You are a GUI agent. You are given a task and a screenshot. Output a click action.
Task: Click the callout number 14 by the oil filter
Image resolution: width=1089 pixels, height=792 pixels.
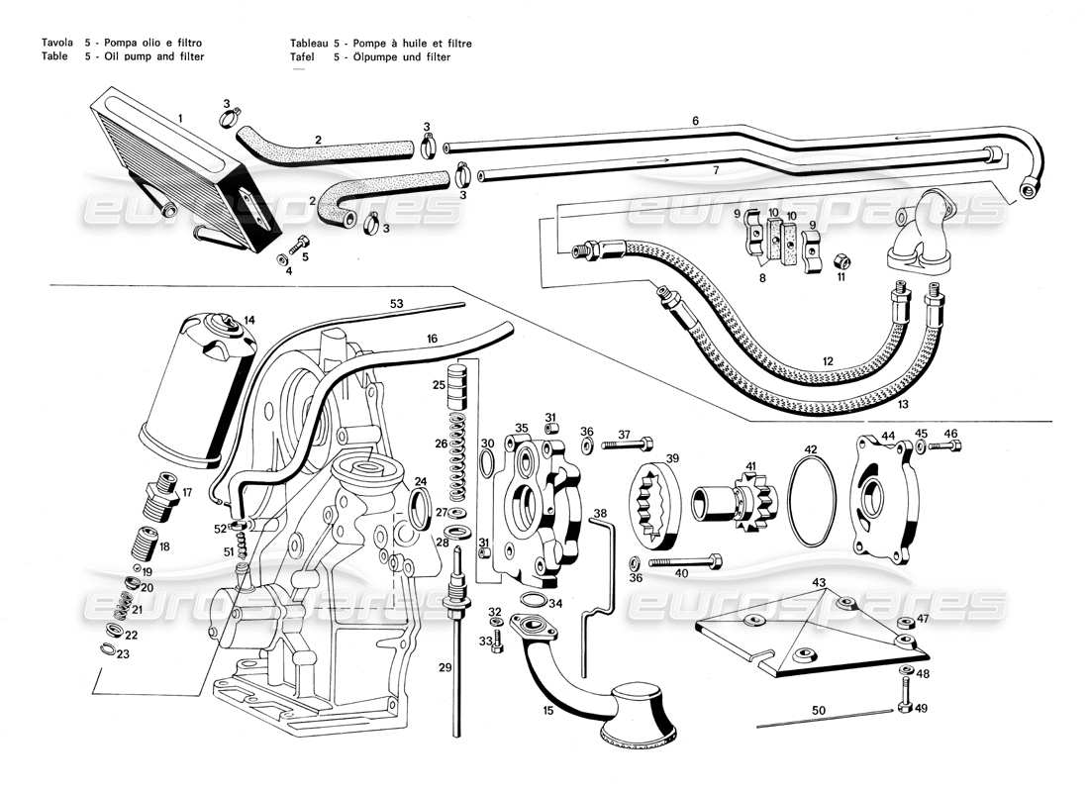click(249, 320)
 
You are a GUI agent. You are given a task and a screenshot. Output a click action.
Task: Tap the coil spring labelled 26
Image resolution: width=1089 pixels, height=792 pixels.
click(457, 455)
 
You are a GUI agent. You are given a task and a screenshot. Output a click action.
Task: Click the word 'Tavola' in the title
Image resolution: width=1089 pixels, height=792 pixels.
click(54, 44)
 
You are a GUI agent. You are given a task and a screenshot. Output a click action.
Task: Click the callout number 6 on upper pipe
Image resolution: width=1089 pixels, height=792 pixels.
click(695, 120)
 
